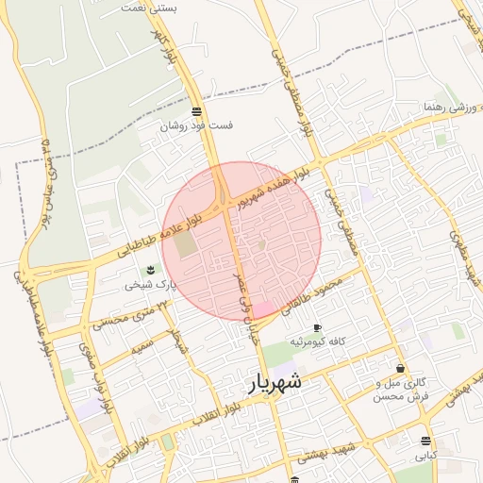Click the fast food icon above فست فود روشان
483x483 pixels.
point(196,110)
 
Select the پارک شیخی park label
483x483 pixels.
point(152,284)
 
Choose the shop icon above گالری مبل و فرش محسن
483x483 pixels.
point(401,369)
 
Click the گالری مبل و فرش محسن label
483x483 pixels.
point(401,391)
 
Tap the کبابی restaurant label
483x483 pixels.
point(427,455)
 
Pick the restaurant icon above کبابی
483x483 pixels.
point(427,441)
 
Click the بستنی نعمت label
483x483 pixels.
point(150,7)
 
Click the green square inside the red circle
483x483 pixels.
point(186,242)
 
